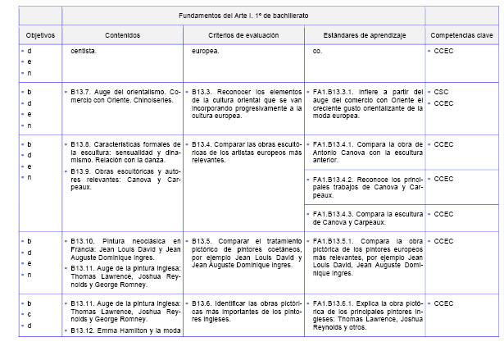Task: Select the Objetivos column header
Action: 39,35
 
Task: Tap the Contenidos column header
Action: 123,35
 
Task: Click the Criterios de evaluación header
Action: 242,35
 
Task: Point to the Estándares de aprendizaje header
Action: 364,35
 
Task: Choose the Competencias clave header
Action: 461,35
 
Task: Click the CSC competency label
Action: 442,91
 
